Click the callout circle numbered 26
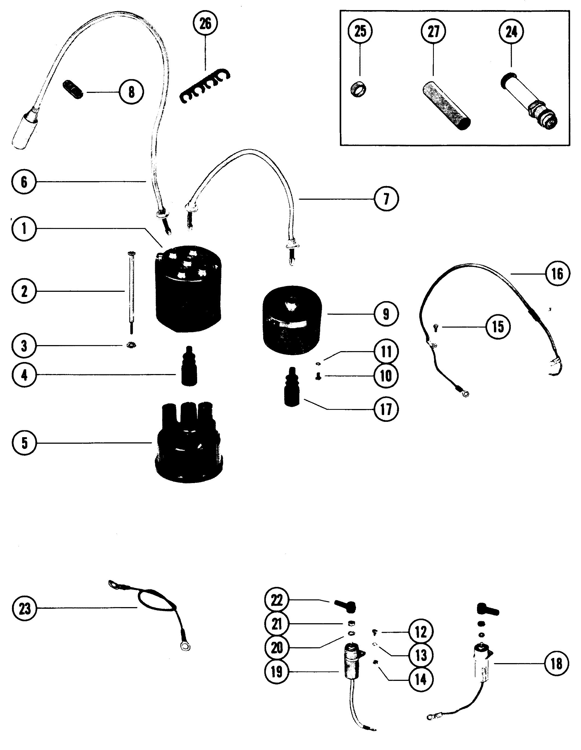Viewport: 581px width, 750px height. click(x=205, y=24)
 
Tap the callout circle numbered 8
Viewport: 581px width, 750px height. click(x=131, y=92)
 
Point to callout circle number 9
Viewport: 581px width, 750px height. click(x=386, y=314)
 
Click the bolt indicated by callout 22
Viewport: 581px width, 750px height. click(x=345, y=607)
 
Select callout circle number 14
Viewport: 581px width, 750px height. click(x=421, y=679)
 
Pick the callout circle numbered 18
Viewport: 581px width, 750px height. click(x=556, y=664)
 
